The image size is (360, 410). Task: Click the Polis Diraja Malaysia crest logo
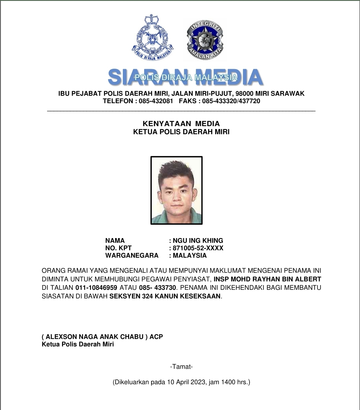[x=152, y=38]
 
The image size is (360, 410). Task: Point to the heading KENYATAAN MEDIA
[x=181, y=124]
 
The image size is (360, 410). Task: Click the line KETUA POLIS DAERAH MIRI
[x=181, y=132]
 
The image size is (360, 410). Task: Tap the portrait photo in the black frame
[x=176, y=190]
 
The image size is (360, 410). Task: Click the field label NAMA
[x=115, y=240]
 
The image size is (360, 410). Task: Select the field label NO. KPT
[x=118, y=248]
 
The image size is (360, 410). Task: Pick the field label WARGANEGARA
[x=132, y=255]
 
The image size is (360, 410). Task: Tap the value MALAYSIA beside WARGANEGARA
[x=190, y=255]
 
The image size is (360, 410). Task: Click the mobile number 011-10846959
[x=96, y=288]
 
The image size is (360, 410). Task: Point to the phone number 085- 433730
[x=157, y=288]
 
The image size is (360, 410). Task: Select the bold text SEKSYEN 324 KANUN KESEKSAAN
[x=165, y=296]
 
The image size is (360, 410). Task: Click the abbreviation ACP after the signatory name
[x=156, y=337]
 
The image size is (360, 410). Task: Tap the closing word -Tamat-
[x=181, y=367]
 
